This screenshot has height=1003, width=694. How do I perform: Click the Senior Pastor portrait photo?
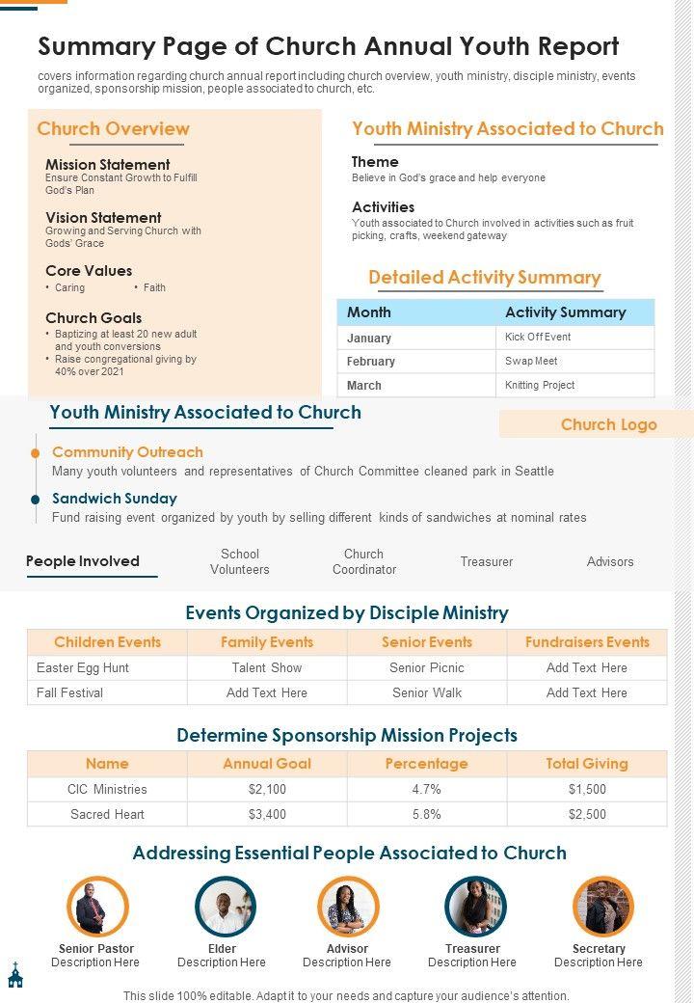[x=97, y=908]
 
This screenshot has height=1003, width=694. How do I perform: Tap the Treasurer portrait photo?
[x=475, y=908]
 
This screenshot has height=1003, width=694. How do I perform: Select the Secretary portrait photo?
[x=603, y=908]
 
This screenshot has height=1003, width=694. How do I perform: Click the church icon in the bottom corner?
[x=14, y=975]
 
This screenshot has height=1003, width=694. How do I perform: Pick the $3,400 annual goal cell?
[x=267, y=814]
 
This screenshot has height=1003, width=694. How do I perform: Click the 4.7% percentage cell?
[x=426, y=789]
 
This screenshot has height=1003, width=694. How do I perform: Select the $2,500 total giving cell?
[x=587, y=814]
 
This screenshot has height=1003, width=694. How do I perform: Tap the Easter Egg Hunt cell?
[x=83, y=667]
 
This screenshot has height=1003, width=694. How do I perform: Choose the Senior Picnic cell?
[x=426, y=667]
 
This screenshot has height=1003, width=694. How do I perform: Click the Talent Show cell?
[x=267, y=667]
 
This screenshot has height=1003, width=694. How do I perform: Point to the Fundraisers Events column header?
[x=587, y=642]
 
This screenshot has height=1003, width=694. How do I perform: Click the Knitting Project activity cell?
[x=540, y=385]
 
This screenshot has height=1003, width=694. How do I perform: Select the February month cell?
[x=371, y=362]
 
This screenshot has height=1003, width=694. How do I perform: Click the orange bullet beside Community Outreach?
[x=36, y=452]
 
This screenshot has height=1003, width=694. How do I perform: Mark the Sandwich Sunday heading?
[x=115, y=499]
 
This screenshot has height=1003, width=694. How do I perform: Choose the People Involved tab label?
[x=83, y=561]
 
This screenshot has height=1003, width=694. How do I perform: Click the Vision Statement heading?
[x=103, y=218]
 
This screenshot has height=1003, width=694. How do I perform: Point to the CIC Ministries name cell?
[x=107, y=789]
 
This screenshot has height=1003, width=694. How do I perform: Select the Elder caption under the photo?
[x=222, y=949]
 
